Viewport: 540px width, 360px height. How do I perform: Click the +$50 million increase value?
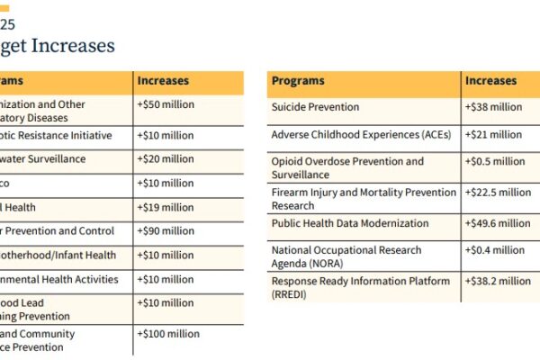[x=165, y=104]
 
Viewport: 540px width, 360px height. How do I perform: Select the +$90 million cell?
[x=165, y=231]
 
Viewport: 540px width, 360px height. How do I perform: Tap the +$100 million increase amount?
[x=167, y=333]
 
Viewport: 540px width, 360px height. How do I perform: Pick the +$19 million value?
[x=165, y=207]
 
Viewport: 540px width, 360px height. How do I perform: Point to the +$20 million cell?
[x=165, y=159]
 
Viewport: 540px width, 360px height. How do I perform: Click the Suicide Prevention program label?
[x=315, y=107]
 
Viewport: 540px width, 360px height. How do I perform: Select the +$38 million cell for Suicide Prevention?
[x=493, y=107]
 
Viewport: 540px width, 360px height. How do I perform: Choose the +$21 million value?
[x=493, y=135]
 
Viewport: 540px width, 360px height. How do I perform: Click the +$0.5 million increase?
[x=495, y=162]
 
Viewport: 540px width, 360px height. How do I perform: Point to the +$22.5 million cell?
[x=498, y=192]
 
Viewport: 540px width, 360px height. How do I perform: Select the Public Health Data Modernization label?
[x=350, y=223]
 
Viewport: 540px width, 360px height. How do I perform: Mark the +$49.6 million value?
[x=498, y=223]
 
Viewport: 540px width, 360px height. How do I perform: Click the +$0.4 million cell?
[x=495, y=250]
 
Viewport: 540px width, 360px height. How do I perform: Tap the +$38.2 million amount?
[x=498, y=281]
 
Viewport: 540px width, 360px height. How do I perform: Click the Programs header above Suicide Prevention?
[x=298, y=81]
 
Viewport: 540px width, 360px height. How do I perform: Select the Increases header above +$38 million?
[x=490, y=81]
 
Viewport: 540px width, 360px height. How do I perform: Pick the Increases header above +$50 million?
[x=163, y=81]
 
